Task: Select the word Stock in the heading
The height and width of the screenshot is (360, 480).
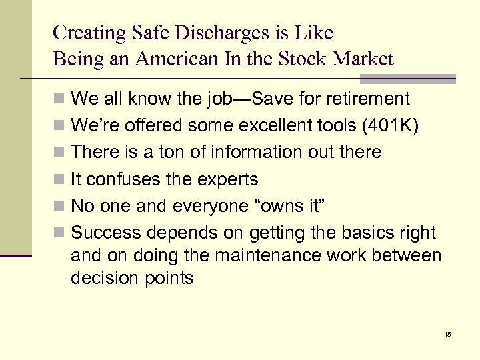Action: click(x=307, y=59)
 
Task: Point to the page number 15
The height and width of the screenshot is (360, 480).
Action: click(x=447, y=333)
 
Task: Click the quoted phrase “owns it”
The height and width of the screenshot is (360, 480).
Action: click(x=291, y=206)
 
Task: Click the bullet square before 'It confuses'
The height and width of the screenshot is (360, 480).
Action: click(x=60, y=180)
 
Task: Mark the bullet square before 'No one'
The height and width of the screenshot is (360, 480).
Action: click(x=60, y=207)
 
